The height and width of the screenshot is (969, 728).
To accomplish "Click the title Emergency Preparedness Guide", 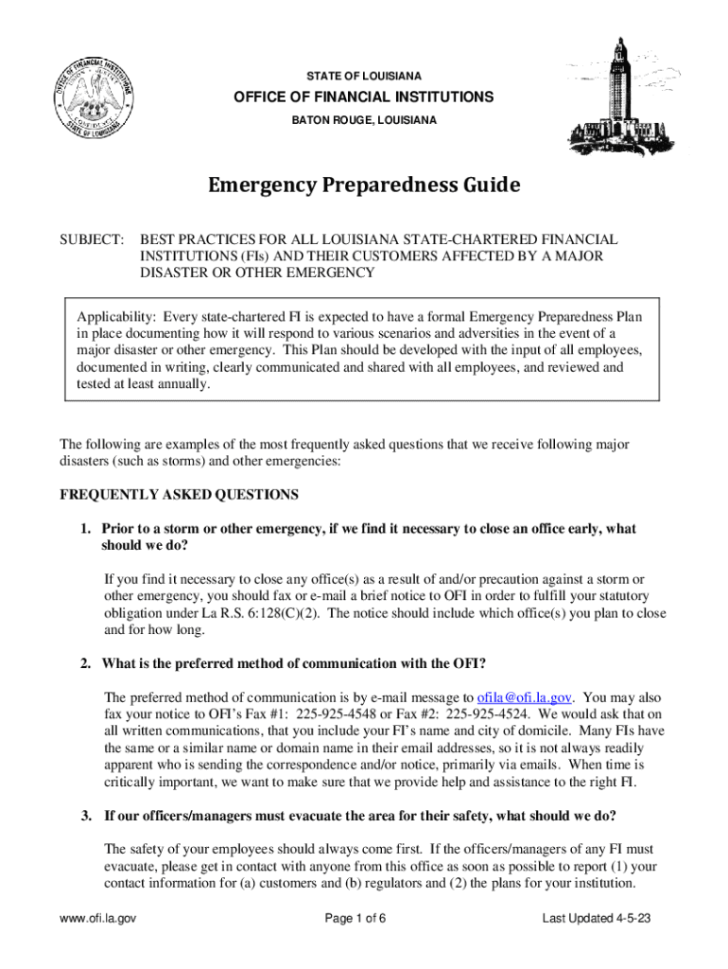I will [364, 185].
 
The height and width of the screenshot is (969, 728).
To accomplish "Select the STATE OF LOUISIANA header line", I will [364, 75].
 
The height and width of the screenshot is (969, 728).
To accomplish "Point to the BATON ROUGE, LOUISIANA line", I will [364, 120].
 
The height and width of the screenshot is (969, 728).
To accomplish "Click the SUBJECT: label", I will [92, 239].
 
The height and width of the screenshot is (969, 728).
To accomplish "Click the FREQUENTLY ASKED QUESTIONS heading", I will [180, 495].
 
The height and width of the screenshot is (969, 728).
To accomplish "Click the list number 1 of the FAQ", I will [85, 529].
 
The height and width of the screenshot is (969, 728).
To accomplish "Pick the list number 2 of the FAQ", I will [85, 662].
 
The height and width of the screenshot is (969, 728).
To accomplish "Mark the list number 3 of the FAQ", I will [85, 816].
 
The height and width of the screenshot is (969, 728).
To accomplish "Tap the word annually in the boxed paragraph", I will [179, 385].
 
